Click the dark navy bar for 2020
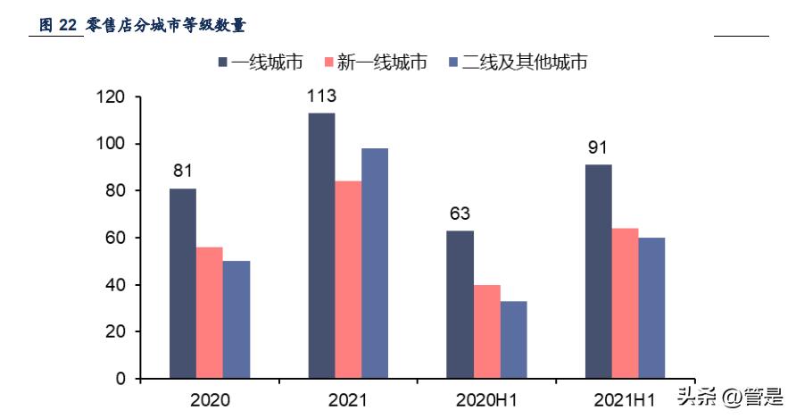183,283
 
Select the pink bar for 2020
210,313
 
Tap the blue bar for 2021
375,264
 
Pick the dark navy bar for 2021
322,246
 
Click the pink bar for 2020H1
487,331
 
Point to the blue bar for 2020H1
514,339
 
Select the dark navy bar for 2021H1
599,272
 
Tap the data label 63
460,214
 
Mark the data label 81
183,171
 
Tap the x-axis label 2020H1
486,399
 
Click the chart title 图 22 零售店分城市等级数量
143,26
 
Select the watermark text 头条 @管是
730,396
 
